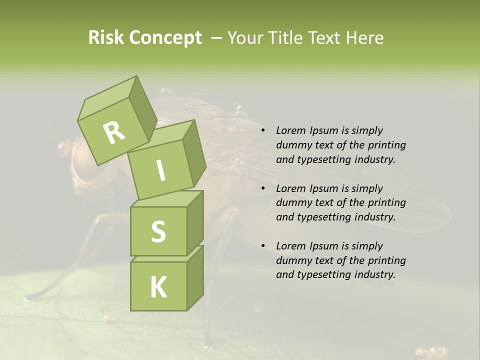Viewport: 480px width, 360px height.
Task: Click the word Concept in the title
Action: pos(165,38)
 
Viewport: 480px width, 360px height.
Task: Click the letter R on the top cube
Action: pos(114,132)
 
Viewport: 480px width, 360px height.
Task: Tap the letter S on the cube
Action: pos(158,231)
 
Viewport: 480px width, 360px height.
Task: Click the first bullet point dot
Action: pos(262,131)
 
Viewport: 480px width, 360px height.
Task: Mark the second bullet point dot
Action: pos(262,189)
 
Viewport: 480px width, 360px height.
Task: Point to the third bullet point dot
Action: pos(262,246)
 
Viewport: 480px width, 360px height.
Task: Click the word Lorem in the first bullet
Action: pos(290,131)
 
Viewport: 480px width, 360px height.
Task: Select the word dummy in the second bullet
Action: pos(292,203)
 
